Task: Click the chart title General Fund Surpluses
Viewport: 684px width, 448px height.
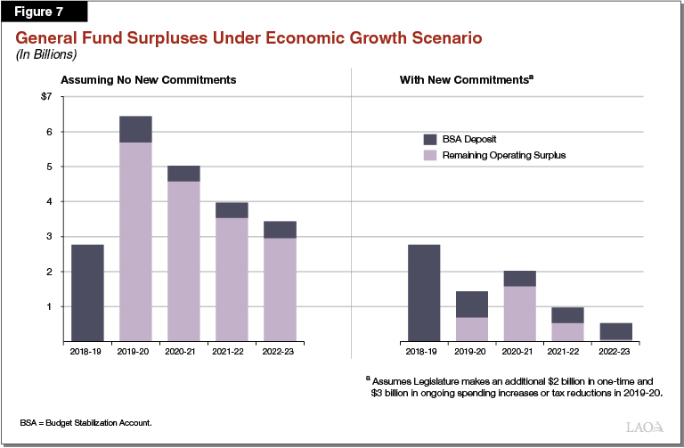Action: (248, 39)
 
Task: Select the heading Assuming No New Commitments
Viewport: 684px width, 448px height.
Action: (148, 80)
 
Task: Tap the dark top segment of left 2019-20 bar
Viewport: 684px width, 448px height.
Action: (135, 129)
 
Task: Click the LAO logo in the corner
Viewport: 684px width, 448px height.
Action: (646, 426)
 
